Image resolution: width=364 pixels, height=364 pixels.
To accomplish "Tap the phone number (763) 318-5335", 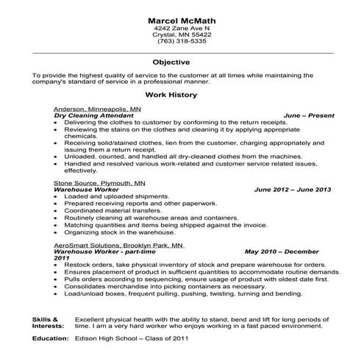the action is point(182,42).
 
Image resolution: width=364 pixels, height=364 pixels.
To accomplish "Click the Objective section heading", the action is point(182,63).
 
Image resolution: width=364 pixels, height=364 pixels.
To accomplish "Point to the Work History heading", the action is point(182,96).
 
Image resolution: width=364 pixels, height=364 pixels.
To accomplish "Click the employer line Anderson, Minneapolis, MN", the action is point(93,109).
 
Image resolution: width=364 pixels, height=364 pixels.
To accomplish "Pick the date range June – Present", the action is point(308,115).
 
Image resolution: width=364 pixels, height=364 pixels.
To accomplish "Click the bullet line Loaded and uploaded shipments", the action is point(108,196).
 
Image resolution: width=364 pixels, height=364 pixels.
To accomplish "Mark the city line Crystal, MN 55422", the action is point(182,35).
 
